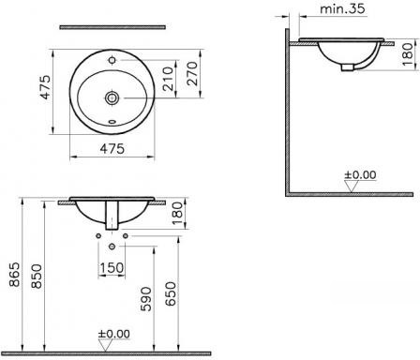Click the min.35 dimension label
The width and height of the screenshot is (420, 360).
tap(342, 8)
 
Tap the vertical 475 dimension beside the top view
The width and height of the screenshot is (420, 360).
tap(46, 87)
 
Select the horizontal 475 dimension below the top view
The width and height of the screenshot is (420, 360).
tap(112, 148)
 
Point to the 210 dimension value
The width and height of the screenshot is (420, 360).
tap(168, 79)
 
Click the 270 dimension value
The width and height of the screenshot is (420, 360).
tap(193, 74)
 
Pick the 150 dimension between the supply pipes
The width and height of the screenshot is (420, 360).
tap(112, 268)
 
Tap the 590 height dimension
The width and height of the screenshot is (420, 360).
tap(146, 299)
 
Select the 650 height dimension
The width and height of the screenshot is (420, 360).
tap(171, 293)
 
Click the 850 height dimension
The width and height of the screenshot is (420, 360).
tap(37, 277)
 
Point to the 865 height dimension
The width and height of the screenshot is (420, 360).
tap(15, 275)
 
